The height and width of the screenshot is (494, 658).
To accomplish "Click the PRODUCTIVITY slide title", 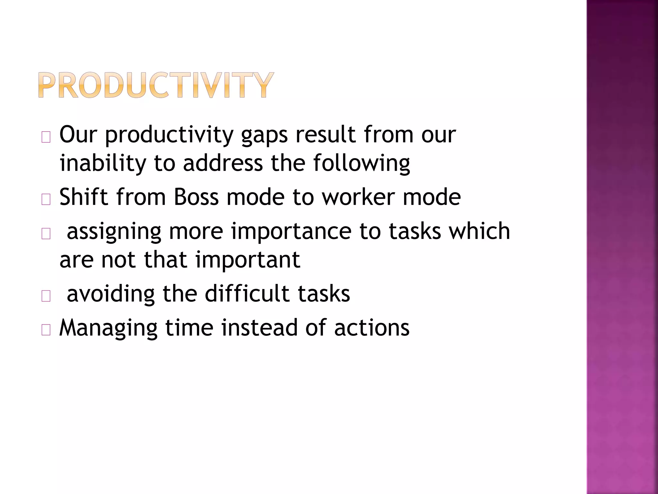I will coord(156,85).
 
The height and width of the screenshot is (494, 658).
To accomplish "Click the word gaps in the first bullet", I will coord(264,135).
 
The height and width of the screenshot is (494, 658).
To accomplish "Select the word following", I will coord(361,163).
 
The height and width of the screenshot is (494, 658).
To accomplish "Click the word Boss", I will coord(196,197).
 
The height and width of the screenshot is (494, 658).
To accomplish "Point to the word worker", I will coord(359,197).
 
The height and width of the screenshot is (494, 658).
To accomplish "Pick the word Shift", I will coord(84,197).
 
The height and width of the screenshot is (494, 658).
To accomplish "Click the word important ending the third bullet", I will coord(248,260).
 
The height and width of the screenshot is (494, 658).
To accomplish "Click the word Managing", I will coord(108,328).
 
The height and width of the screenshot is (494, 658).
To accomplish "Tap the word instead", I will coord(259,327).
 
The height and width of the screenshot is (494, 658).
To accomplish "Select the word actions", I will coord(372,328).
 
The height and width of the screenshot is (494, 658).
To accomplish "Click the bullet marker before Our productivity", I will coord(46,138).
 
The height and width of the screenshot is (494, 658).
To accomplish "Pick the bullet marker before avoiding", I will coord(46,296).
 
